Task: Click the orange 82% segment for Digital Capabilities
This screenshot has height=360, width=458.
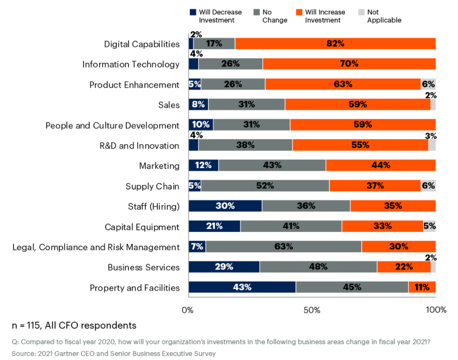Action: (335, 44)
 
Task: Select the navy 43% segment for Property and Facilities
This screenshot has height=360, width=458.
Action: (242, 287)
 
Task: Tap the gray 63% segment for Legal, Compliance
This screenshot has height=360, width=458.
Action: (283, 247)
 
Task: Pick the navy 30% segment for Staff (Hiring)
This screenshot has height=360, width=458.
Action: (225, 206)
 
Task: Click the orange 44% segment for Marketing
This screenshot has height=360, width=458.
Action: (380, 165)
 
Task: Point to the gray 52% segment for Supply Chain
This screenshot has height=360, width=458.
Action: (265, 186)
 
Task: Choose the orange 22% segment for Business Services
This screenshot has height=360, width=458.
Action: (403, 267)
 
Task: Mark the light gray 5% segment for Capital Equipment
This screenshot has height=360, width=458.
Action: (429, 226)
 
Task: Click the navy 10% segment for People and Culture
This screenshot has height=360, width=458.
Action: (201, 125)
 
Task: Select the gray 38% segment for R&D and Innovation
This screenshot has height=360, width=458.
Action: (245, 145)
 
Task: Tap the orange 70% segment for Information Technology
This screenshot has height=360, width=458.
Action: (349, 64)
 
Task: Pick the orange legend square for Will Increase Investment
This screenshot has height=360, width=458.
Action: (299, 12)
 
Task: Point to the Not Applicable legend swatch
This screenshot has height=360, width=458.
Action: (360, 12)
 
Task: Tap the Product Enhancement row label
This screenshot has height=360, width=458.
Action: (134, 85)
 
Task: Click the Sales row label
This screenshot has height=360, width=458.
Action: (169, 105)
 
